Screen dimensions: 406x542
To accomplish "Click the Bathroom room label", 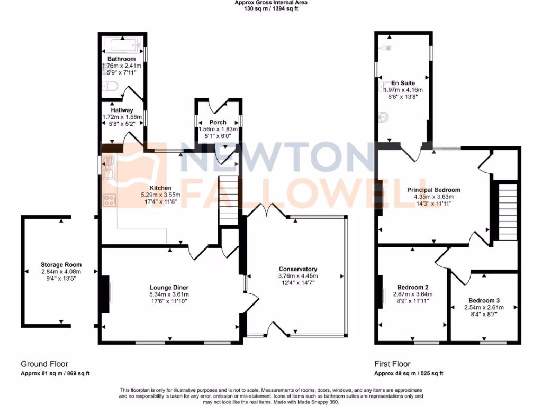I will tap(122, 59).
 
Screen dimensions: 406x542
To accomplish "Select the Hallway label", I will tap(122, 110).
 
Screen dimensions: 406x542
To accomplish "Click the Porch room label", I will tap(218, 122).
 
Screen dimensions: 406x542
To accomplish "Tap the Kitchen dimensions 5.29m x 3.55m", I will tap(160, 195).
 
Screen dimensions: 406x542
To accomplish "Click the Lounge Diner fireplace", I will tap(106, 297).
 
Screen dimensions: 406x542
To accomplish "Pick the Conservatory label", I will tap(297, 269).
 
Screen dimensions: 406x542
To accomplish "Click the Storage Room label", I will tap(61, 264).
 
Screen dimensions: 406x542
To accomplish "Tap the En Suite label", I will tap(403, 83).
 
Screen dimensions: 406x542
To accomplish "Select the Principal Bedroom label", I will tap(433, 190).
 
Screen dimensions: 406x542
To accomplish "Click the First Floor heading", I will tap(392, 364).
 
